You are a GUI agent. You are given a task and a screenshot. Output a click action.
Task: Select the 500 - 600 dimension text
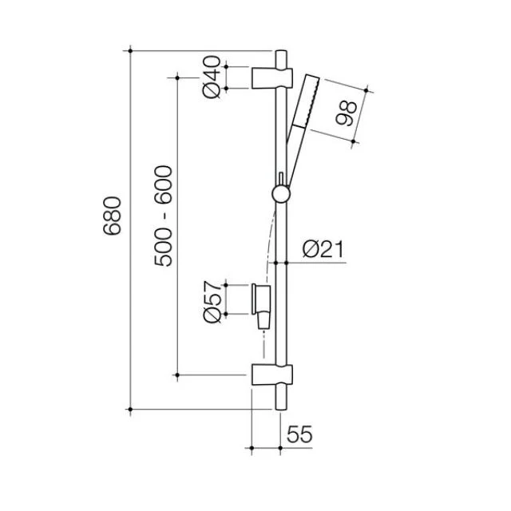(162, 216)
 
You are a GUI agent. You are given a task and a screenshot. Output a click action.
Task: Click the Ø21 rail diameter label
(323, 250)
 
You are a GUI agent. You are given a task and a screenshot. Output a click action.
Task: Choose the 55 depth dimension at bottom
(298, 435)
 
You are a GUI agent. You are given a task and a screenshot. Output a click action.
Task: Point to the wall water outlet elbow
(262, 303)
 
